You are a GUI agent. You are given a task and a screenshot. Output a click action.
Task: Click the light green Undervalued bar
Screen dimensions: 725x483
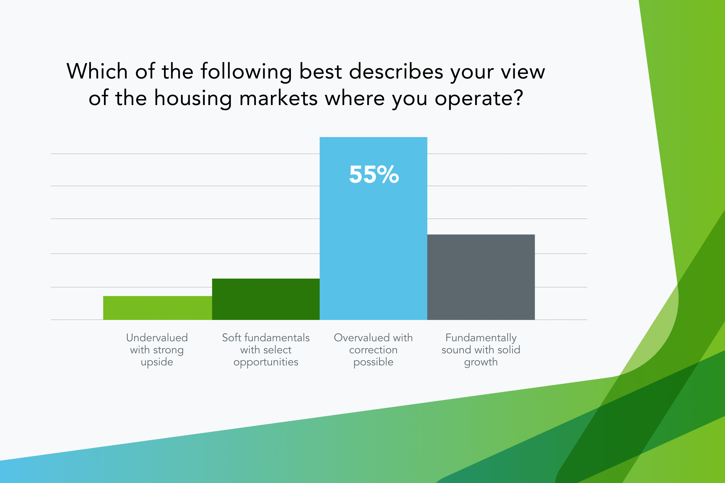157,308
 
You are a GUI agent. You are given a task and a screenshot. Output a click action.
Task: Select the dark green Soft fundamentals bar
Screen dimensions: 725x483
266,299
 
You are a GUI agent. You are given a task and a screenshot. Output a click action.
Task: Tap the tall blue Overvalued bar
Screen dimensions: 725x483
373,228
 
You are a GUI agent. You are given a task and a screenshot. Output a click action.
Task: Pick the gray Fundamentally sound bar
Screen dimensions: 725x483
481,277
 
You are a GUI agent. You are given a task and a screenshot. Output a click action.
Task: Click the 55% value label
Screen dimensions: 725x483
374,174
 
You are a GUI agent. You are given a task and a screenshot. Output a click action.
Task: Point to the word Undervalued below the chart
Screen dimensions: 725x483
157,337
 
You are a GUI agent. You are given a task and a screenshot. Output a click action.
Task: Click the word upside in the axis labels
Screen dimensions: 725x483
157,362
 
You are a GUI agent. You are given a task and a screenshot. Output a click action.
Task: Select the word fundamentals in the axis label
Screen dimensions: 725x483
277,337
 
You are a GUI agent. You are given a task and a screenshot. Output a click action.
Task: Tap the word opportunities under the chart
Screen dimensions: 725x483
266,362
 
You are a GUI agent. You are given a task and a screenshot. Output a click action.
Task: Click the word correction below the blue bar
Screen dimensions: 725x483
373,350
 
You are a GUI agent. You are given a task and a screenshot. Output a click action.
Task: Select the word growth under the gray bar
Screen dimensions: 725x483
481,362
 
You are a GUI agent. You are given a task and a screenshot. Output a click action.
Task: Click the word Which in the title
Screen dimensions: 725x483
97,71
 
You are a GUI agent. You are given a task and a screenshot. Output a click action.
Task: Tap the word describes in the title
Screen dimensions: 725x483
396,71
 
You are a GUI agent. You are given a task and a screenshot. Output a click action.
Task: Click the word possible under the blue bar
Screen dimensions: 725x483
373,362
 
